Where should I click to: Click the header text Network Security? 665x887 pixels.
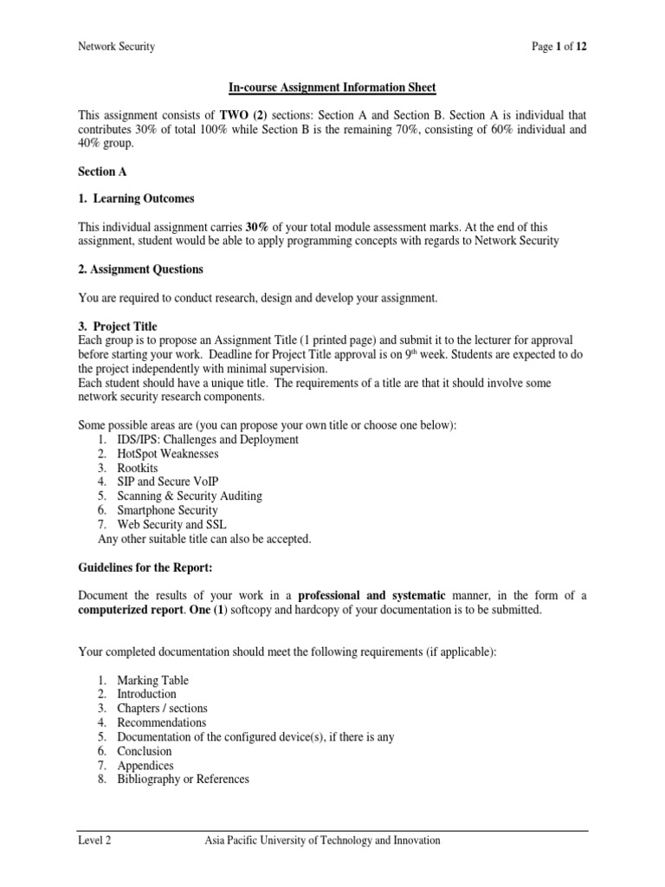[x=117, y=47]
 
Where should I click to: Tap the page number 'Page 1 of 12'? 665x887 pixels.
[x=559, y=47]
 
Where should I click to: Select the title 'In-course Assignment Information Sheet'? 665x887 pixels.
[x=332, y=88]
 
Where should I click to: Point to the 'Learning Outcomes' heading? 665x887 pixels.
[x=144, y=198]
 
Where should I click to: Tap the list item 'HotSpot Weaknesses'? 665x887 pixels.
[x=167, y=454]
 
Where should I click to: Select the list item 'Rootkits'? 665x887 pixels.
[x=138, y=468]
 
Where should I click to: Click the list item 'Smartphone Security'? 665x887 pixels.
[x=167, y=510]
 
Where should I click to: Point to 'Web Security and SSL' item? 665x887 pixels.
[x=171, y=525]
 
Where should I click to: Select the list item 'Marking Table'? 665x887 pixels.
[x=152, y=680]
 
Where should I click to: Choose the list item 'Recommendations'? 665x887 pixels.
[x=162, y=722]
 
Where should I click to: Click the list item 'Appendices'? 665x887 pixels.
[x=145, y=765]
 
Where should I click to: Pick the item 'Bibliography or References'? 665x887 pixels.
[x=183, y=779]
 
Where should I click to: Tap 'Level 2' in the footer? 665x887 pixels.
[x=94, y=840]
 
